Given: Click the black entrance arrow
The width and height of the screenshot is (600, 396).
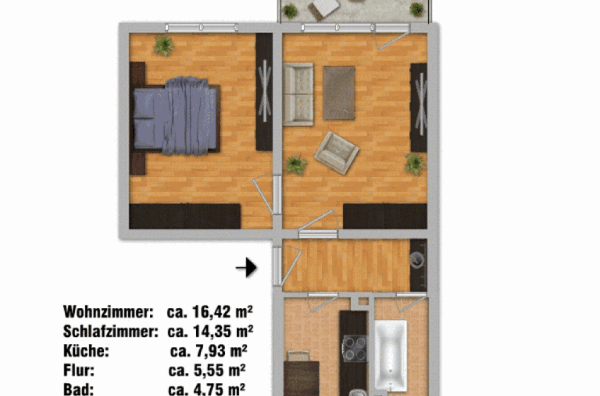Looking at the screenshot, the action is click(246, 267).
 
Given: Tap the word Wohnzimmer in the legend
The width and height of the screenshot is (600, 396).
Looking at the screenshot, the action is click(108, 312).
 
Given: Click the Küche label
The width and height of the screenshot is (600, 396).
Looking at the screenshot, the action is click(86, 351).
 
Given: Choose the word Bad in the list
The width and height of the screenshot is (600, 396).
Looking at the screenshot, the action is click(79, 389).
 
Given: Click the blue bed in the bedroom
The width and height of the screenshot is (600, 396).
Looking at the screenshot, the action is click(177, 116).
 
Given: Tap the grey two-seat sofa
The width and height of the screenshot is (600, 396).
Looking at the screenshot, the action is click(299, 95).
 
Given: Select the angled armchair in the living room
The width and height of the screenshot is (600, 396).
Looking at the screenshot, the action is click(337, 153).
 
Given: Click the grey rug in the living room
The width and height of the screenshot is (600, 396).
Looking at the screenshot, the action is click(339, 93).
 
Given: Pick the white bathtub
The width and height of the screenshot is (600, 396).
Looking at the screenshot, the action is click(391, 356).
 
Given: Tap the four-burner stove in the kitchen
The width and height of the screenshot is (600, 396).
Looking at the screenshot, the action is click(354, 349).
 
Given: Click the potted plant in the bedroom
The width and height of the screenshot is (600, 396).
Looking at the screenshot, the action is click(163, 45).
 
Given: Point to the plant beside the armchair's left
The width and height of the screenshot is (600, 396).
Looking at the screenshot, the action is click(296, 165).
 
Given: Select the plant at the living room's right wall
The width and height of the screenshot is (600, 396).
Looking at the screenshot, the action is click(415, 164).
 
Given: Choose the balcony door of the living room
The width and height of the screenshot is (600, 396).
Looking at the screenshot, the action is click(393, 36).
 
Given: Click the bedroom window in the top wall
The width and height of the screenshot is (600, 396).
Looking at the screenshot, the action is click(202, 28).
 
